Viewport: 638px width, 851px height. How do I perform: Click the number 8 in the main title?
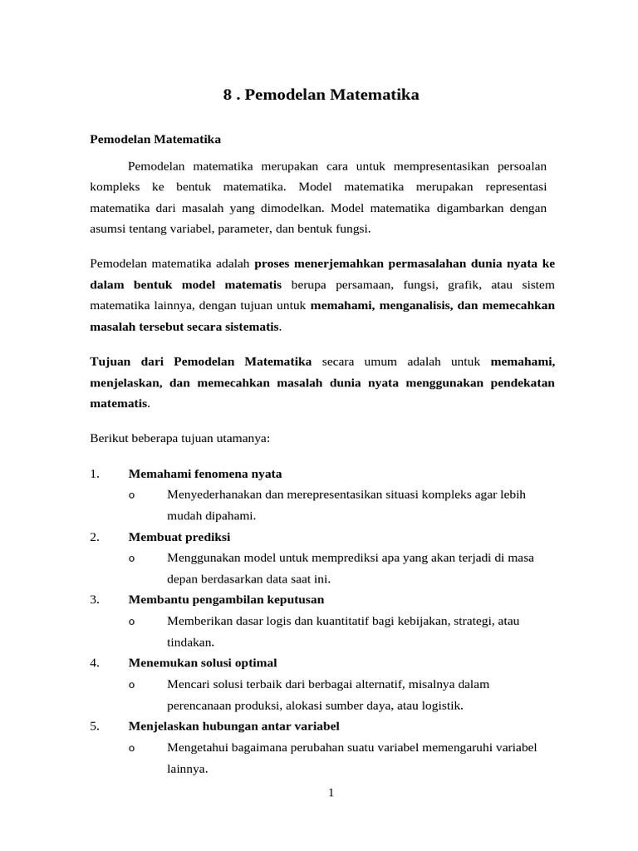pos(228,95)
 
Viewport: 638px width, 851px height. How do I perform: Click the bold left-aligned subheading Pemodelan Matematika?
pos(155,139)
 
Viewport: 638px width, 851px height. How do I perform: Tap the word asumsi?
pos(106,228)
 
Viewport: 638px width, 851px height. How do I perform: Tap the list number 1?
pos(94,474)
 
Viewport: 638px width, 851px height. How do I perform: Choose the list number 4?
pos(94,662)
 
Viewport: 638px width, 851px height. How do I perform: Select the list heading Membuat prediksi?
pos(179,536)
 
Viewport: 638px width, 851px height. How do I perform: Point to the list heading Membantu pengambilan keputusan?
pos(226,599)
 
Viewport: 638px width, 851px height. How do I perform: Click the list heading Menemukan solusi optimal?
pos(203,662)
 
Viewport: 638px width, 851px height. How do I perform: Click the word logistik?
pos(440,706)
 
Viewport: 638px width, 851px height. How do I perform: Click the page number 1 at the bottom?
pos(331,792)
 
